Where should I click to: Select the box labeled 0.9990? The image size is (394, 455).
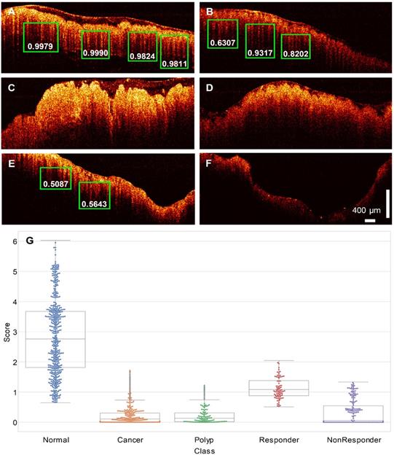point(95,54)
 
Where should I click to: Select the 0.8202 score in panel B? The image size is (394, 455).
point(295,53)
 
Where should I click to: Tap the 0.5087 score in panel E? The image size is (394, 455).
point(55,184)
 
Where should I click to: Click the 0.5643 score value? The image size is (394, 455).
point(95,204)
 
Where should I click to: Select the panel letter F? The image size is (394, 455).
point(209,157)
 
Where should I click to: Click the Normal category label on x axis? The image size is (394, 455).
point(55,441)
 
